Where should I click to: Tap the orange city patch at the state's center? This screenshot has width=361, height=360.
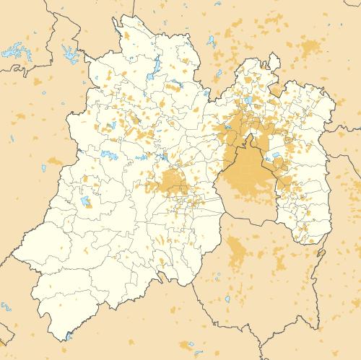click(173, 182)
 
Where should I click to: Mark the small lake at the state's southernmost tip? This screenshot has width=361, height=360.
click(69, 335)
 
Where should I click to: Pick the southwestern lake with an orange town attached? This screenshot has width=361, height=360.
click(86, 201)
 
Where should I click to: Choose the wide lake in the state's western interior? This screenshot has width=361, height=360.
click(110, 155)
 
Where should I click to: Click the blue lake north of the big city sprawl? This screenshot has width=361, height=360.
click(249, 100)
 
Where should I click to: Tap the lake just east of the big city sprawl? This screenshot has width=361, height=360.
click(275, 154)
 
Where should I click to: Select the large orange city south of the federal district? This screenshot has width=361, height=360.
click(236, 253)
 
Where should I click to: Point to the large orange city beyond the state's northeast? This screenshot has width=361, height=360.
click(310, 49)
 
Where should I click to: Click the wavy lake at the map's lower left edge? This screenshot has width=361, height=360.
click(6, 307)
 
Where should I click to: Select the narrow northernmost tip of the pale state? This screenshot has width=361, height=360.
click(116, 22)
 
